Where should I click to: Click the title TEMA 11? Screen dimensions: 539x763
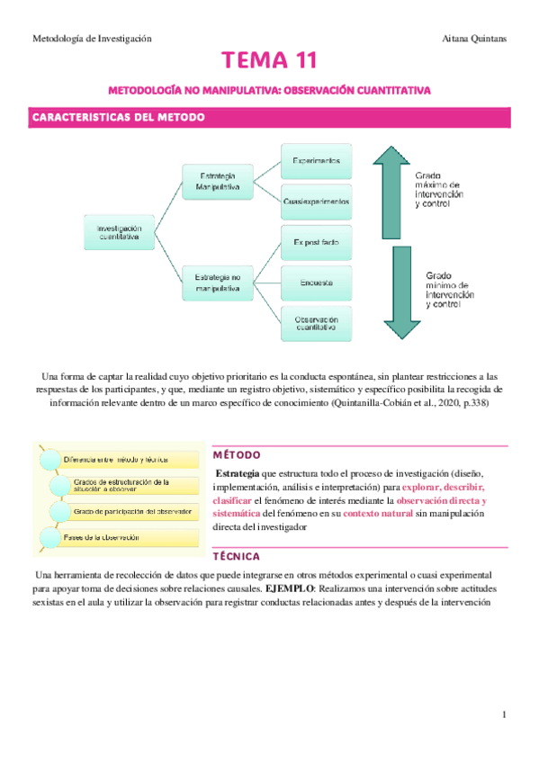[270, 62]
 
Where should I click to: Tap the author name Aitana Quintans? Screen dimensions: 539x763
[476, 39]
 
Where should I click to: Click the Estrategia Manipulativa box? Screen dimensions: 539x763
[218, 181]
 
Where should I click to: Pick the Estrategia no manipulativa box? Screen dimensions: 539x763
[218, 282]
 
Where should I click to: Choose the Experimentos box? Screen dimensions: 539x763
[316, 160]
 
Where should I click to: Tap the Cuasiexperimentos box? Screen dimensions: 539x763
[316, 200]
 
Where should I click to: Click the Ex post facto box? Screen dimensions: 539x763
[316, 243]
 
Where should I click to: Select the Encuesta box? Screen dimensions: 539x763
[316, 283]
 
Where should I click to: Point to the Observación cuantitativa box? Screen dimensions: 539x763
[316, 323]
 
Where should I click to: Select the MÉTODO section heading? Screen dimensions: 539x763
[238, 454]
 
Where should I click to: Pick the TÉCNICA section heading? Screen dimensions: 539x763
[237, 556]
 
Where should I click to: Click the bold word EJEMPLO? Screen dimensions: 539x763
[286, 587]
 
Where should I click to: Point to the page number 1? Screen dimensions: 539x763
[506, 714]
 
